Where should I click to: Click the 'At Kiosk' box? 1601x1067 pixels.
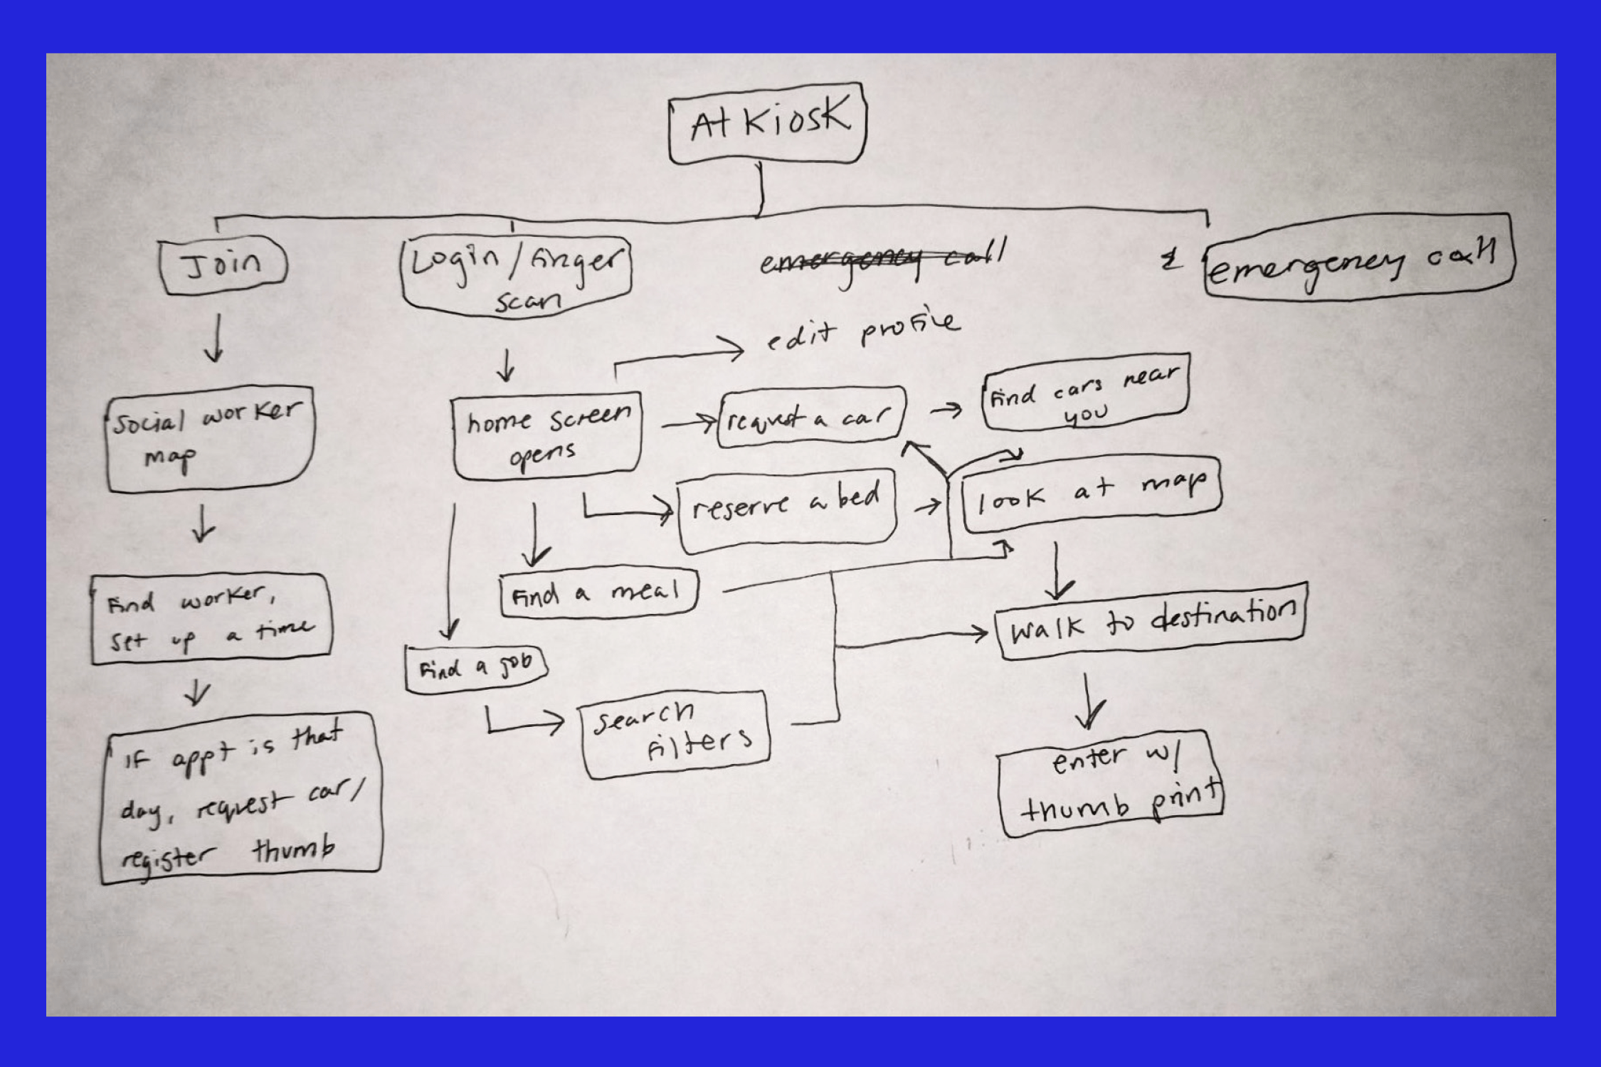pyautogui.click(x=767, y=124)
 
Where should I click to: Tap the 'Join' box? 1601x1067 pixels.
pyautogui.click(x=223, y=265)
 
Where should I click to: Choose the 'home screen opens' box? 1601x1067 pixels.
pyautogui.click(x=546, y=435)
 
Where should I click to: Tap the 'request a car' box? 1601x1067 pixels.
pyautogui.click(x=811, y=418)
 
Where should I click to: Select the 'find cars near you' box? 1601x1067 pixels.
pyautogui.click(x=1085, y=393)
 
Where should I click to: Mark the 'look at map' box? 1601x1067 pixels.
pyautogui.click(x=1090, y=494)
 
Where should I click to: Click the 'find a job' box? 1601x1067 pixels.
pyautogui.click(x=475, y=668)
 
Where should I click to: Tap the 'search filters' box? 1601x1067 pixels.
pyautogui.click(x=674, y=733)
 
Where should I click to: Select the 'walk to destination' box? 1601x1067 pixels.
pyautogui.click(x=1151, y=621)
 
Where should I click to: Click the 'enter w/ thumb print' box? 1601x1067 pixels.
pyautogui.click(x=1110, y=783)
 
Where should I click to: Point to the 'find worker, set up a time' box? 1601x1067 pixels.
pyautogui.click(x=211, y=618)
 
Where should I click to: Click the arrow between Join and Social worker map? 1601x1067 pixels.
pyautogui.click(x=216, y=338)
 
